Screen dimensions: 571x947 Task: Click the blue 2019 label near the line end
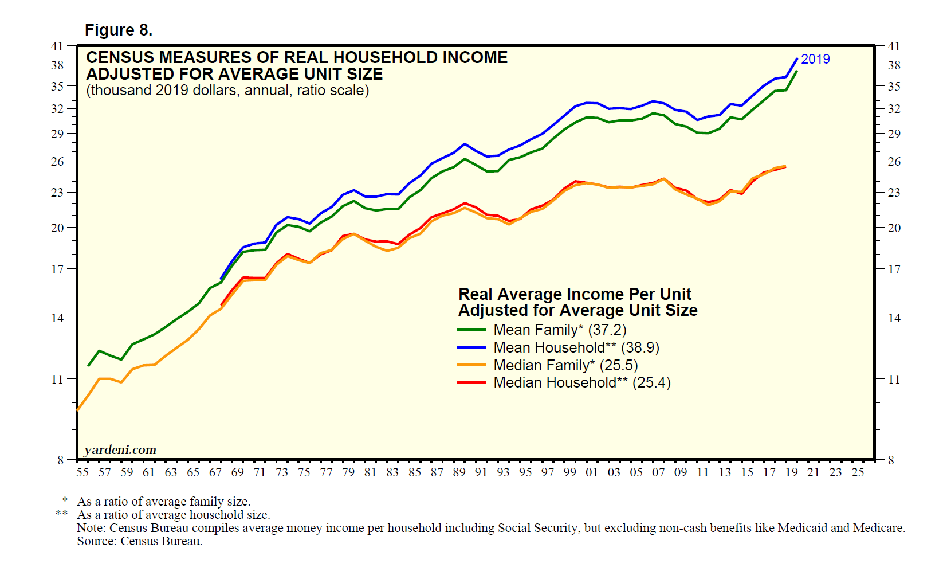point(815,59)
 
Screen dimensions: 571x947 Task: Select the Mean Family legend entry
point(560,330)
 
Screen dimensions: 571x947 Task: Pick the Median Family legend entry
point(565,365)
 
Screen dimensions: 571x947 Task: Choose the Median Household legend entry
point(581,382)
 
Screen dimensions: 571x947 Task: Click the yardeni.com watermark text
point(120,450)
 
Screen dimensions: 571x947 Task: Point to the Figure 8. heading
point(119,30)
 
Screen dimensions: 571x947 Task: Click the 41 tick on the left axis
point(57,46)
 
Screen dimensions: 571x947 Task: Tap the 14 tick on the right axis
point(894,318)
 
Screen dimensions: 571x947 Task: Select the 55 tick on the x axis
point(82,472)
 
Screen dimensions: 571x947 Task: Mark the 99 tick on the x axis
point(569,472)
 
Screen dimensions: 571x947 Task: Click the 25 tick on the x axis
point(858,472)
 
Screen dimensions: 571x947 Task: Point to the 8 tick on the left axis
point(60,460)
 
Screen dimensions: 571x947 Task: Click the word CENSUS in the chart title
point(120,57)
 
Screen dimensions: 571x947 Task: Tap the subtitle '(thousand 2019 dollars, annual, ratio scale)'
point(227,91)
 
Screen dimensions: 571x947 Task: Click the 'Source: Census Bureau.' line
point(140,541)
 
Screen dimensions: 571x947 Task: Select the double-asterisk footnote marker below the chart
point(61,514)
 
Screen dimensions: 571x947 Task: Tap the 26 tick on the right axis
point(894,162)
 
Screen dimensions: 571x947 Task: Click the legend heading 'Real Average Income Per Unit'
point(575,294)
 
